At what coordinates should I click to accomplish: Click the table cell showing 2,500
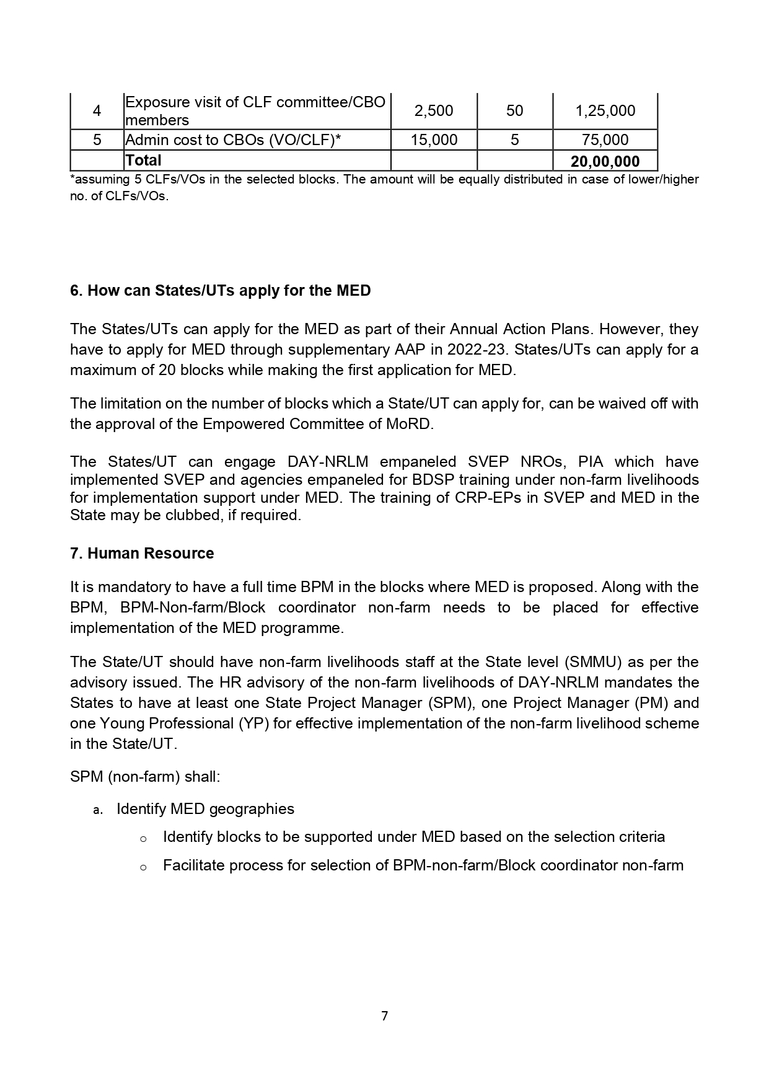tap(433, 111)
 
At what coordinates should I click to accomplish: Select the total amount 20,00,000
tap(605, 162)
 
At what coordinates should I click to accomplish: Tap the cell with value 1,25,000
tap(605, 111)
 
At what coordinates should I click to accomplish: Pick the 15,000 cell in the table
tap(434, 140)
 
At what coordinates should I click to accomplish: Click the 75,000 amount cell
tap(605, 140)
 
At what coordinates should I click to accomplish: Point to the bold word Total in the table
tap(143, 161)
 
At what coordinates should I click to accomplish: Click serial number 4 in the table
tap(97, 111)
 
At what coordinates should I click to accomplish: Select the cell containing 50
tap(514, 111)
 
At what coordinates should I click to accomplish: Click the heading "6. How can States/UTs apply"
tap(220, 291)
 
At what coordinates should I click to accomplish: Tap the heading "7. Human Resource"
tap(142, 554)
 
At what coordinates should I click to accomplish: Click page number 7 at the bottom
tap(384, 1016)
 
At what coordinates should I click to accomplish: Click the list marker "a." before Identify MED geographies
tap(97, 810)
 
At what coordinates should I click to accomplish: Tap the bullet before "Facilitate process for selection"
tap(143, 867)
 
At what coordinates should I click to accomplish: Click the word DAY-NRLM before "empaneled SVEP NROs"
tap(328, 462)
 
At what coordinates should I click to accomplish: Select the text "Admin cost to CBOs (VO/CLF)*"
tap(233, 140)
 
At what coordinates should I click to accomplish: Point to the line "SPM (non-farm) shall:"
tap(145, 777)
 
